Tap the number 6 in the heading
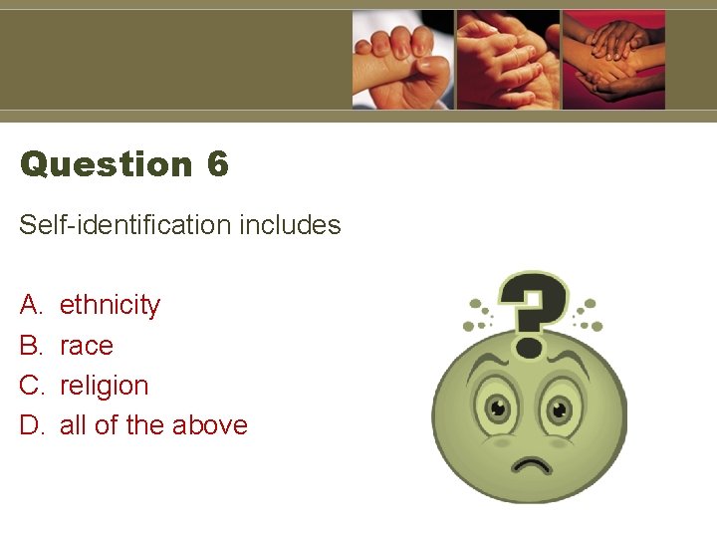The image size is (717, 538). [x=218, y=163]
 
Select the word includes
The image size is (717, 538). [x=291, y=225]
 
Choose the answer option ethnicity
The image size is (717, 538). [x=110, y=305]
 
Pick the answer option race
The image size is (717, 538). [x=87, y=346]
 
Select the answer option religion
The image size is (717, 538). [x=105, y=386]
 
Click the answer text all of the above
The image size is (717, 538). [x=153, y=425]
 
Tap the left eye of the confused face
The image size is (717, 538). [x=494, y=408]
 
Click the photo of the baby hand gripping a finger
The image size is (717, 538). [x=403, y=60]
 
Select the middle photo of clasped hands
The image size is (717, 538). [x=508, y=60]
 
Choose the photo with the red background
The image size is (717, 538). [x=613, y=60]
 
